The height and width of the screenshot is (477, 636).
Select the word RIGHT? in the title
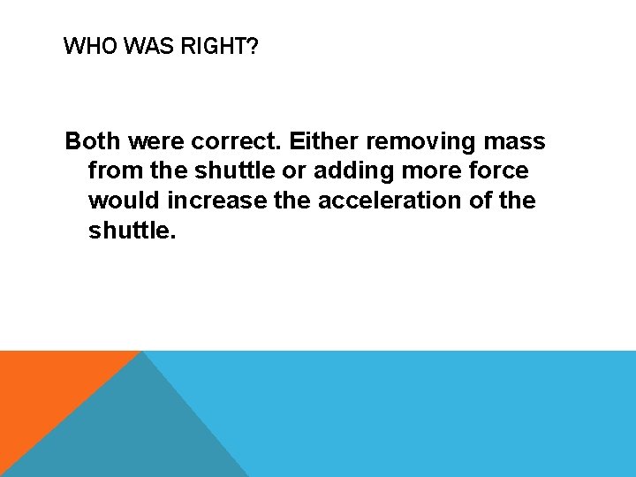(218, 46)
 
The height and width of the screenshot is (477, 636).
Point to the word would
(124, 201)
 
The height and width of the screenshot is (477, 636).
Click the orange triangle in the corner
(44, 389)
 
